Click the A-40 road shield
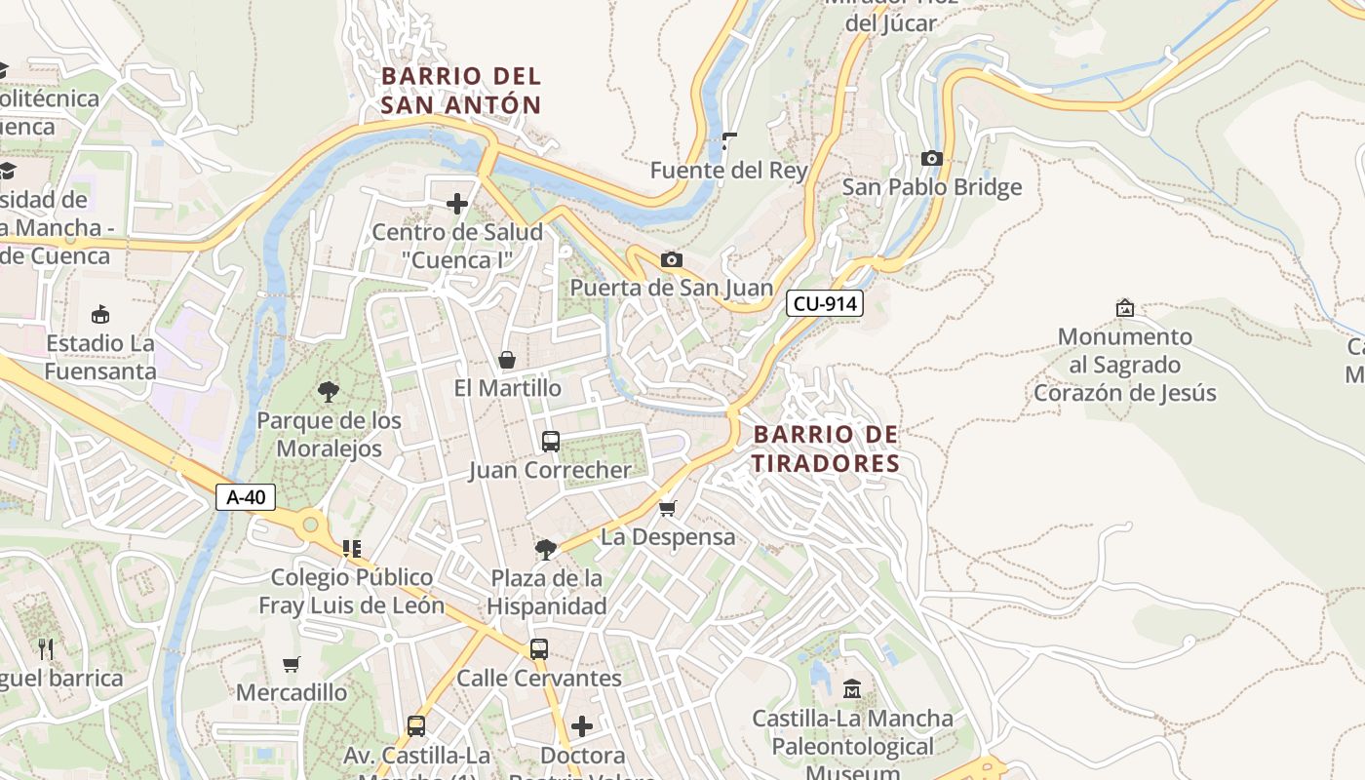pos(246,497)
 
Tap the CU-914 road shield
pos(825,303)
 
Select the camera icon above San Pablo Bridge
pos(931,158)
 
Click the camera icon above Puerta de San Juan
pos(671,259)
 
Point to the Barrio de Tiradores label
pos(825,448)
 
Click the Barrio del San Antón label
pos(460,90)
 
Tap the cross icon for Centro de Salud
pos(456,204)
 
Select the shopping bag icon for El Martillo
pos(507,360)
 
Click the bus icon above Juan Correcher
pos(550,442)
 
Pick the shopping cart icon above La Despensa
pos(668,508)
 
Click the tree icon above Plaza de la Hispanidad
pos(546,550)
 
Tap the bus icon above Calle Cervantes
pos(538,649)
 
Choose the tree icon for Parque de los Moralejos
pos(329,392)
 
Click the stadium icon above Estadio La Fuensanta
pos(99,314)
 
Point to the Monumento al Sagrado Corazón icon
pos(1124,308)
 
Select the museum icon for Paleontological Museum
pos(852,689)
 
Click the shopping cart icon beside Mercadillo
pos(291,665)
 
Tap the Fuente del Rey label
pos(729,171)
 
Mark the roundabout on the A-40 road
pos(311,526)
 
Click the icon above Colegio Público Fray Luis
pos(351,549)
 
